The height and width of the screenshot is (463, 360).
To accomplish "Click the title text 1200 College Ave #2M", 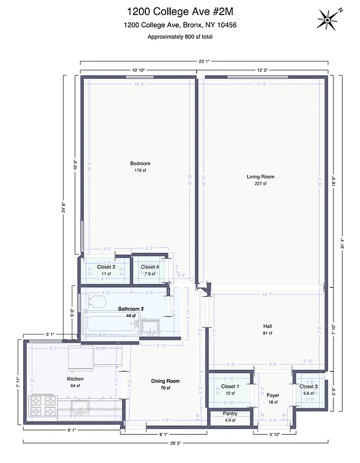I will pyautogui.click(x=179, y=11).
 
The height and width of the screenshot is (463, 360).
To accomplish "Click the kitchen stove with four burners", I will pyautogui.click(x=43, y=406).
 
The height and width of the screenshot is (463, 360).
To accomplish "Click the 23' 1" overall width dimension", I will pyautogui.click(x=203, y=61).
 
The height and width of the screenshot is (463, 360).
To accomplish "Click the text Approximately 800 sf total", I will pyautogui.click(x=179, y=36).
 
